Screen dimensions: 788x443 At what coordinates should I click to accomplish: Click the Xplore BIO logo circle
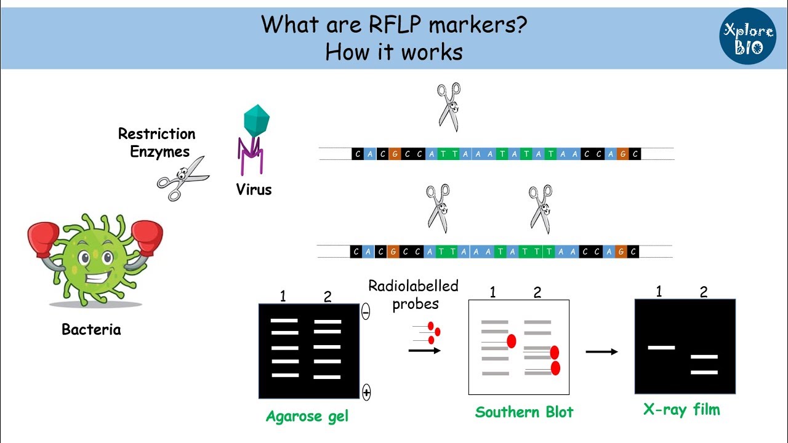747,36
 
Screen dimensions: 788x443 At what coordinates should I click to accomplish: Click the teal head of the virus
257,120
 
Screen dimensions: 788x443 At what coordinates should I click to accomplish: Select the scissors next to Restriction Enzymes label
183,178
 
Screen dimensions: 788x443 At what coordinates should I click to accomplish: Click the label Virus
254,190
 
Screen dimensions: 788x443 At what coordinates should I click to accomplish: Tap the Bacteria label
91,329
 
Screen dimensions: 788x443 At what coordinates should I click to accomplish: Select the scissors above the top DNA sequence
449,107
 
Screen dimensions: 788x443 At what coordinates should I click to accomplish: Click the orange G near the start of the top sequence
395,154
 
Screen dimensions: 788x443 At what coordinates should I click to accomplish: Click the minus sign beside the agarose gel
366,311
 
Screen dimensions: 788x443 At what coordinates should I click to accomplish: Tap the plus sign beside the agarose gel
366,393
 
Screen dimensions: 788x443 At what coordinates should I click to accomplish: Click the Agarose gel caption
307,417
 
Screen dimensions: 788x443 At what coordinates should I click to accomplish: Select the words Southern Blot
524,412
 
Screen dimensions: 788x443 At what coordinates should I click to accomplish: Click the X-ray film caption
681,410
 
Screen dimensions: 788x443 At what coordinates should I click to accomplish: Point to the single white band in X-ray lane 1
661,348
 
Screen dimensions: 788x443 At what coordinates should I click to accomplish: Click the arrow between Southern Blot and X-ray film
601,351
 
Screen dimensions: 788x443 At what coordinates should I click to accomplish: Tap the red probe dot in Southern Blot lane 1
512,341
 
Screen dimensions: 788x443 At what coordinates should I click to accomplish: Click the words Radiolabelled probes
413,295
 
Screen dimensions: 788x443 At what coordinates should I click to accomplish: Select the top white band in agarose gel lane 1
284,321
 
